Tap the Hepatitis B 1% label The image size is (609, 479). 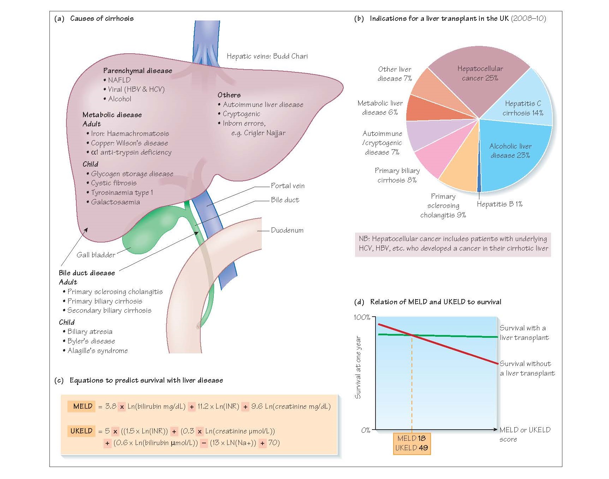(499, 204)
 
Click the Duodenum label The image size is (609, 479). (287, 230)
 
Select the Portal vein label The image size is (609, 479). (288, 186)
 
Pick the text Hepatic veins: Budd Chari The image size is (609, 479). (267, 56)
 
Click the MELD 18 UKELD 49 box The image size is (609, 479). (412, 443)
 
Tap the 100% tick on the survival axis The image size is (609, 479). (362, 317)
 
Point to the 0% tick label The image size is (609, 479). (366, 430)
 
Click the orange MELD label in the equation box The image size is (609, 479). (82, 406)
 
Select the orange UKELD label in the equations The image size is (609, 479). (81, 431)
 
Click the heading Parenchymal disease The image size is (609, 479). (137, 71)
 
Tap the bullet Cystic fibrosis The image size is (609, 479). (113, 183)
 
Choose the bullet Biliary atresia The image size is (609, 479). (90, 332)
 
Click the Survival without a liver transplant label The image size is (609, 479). (526, 369)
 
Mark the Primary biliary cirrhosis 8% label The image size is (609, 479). (397, 175)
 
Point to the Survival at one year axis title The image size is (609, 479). (358, 367)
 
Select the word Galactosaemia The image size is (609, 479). (115, 202)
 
